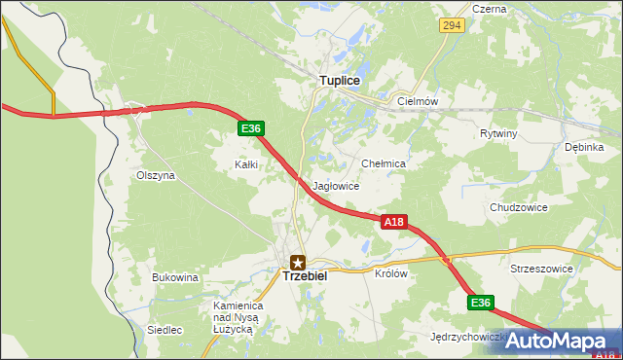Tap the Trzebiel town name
305,276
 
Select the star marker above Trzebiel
298,261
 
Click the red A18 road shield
392,222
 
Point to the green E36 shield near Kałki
250,128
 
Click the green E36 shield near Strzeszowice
481,303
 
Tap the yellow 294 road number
450,25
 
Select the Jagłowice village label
337,186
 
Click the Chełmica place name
383,164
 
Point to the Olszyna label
156,176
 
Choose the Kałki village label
246,164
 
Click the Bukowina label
175,277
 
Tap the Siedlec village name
165,330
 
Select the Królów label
390,273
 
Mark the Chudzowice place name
519,207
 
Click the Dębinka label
584,147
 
